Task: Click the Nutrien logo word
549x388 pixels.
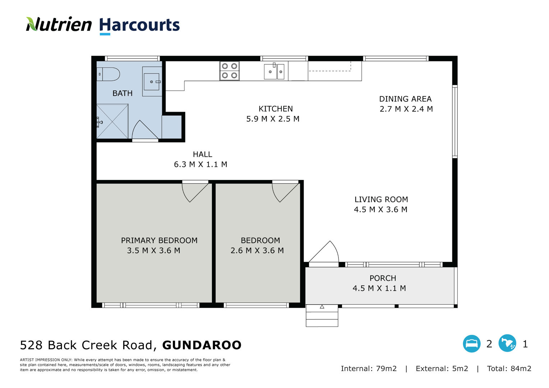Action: point(59,24)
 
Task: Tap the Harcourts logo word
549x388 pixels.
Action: point(139,26)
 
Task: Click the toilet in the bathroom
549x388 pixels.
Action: point(108,74)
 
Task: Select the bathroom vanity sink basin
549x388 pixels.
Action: point(152,82)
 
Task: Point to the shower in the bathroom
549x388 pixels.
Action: point(112,121)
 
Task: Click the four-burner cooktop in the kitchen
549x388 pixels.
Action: point(229,70)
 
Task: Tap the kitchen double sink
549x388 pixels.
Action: point(274,71)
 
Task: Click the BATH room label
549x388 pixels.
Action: point(122,93)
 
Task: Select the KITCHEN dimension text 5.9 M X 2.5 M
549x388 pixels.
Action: point(273,119)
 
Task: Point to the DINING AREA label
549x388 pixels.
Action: point(405,99)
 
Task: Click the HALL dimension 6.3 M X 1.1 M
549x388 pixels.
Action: point(200,164)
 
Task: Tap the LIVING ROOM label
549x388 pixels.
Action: point(381,199)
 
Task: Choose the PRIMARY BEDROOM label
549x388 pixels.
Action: point(159,240)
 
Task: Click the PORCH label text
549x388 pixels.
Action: point(383,278)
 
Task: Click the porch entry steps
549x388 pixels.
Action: point(322,316)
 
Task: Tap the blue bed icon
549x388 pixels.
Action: point(471,344)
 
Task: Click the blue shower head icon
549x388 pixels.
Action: point(507,343)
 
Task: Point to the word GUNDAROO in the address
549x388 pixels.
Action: point(202,345)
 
